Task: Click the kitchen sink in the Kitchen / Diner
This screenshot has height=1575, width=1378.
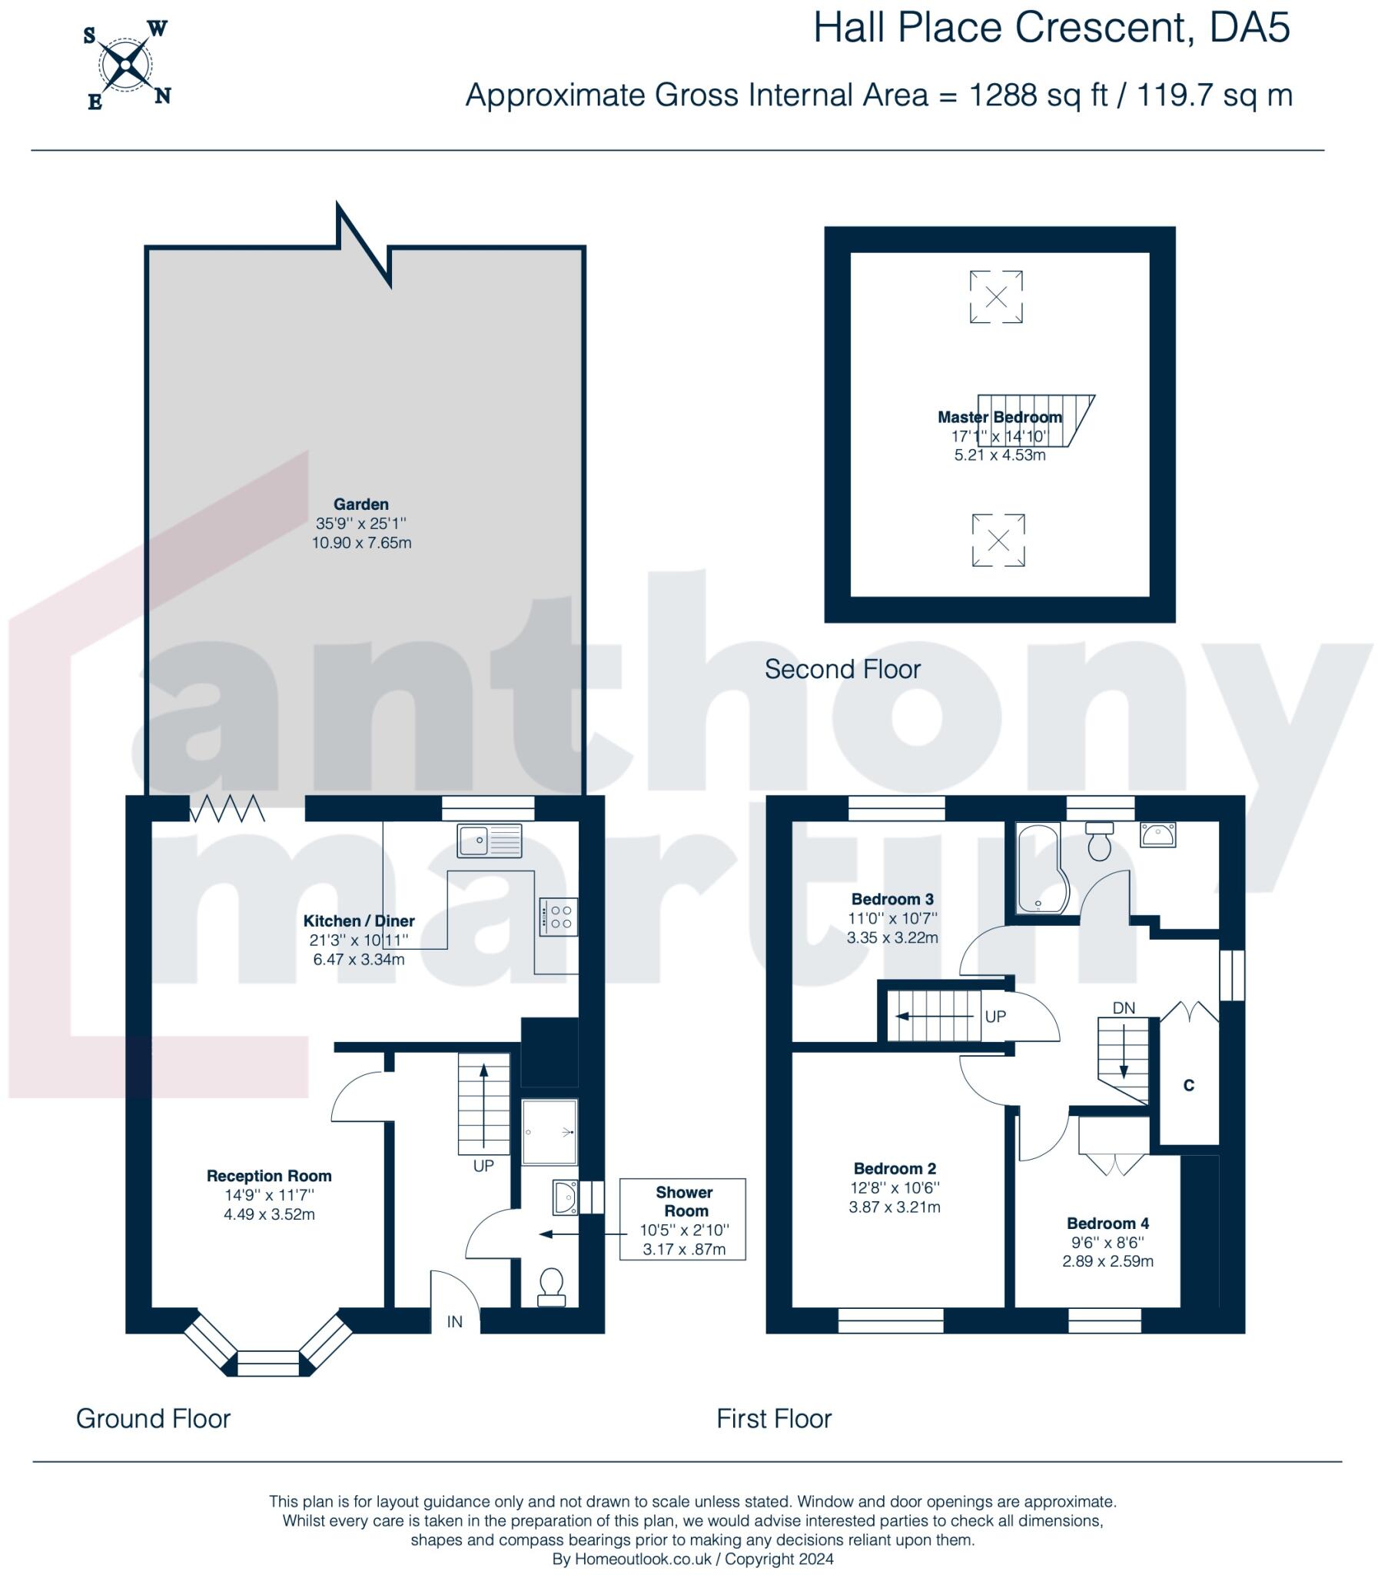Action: pyautogui.click(x=489, y=841)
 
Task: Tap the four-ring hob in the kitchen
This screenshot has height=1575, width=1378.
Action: pyautogui.click(x=558, y=917)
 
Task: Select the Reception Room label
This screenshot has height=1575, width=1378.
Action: pyautogui.click(x=269, y=1176)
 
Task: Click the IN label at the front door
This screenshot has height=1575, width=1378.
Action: pyautogui.click(x=454, y=1321)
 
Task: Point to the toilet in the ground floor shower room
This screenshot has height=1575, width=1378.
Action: pyautogui.click(x=551, y=1287)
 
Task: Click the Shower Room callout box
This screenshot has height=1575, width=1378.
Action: pyautogui.click(x=682, y=1220)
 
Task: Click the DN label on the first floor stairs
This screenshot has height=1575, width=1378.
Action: pyautogui.click(x=1124, y=1008)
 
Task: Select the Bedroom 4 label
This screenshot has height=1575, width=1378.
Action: pyautogui.click(x=1107, y=1224)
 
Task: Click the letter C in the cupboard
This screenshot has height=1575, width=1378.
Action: pyautogui.click(x=1188, y=1086)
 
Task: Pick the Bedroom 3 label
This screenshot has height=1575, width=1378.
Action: pyautogui.click(x=892, y=899)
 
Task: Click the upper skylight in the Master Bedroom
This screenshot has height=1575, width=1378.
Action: pyautogui.click(x=996, y=296)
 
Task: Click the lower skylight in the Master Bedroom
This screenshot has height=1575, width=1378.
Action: pyautogui.click(x=998, y=540)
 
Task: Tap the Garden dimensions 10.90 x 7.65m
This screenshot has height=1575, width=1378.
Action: pyautogui.click(x=361, y=543)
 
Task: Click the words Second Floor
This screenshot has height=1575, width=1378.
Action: pyautogui.click(x=842, y=669)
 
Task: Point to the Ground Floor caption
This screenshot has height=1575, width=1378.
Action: pyautogui.click(x=153, y=1418)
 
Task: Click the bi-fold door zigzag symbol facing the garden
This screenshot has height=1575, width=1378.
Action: pyautogui.click(x=227, y=809)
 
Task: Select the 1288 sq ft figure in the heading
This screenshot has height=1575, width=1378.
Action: pyautogui.click(x=1038, y=95)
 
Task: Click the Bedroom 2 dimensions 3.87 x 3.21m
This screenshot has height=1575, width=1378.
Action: pyautogui.click(x=894, y=1207)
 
